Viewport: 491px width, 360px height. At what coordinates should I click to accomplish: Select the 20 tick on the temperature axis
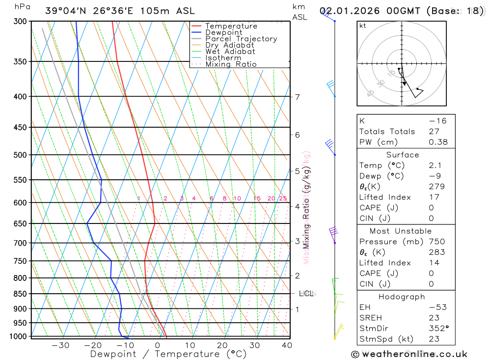pos(222,345)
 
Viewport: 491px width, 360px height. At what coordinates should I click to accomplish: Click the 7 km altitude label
pos(298,97)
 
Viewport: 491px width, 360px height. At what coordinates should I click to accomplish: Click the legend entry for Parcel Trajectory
pos(241,39)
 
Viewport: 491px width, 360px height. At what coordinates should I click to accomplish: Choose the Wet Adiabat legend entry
pos(230,52)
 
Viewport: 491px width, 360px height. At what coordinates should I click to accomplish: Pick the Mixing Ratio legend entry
pos(231,64)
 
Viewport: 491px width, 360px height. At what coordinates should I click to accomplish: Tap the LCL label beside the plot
pos(306,294)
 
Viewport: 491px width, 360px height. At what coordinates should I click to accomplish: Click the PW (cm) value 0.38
pos(438,142)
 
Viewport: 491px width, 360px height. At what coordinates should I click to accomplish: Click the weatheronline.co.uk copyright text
pos(409,354)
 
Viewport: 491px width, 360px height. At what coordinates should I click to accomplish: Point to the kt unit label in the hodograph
pos(362,26)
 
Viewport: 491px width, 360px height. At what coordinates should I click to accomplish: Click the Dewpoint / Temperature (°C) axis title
pos(168,354)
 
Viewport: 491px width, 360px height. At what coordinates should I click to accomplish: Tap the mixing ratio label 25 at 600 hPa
pos(283,198)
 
